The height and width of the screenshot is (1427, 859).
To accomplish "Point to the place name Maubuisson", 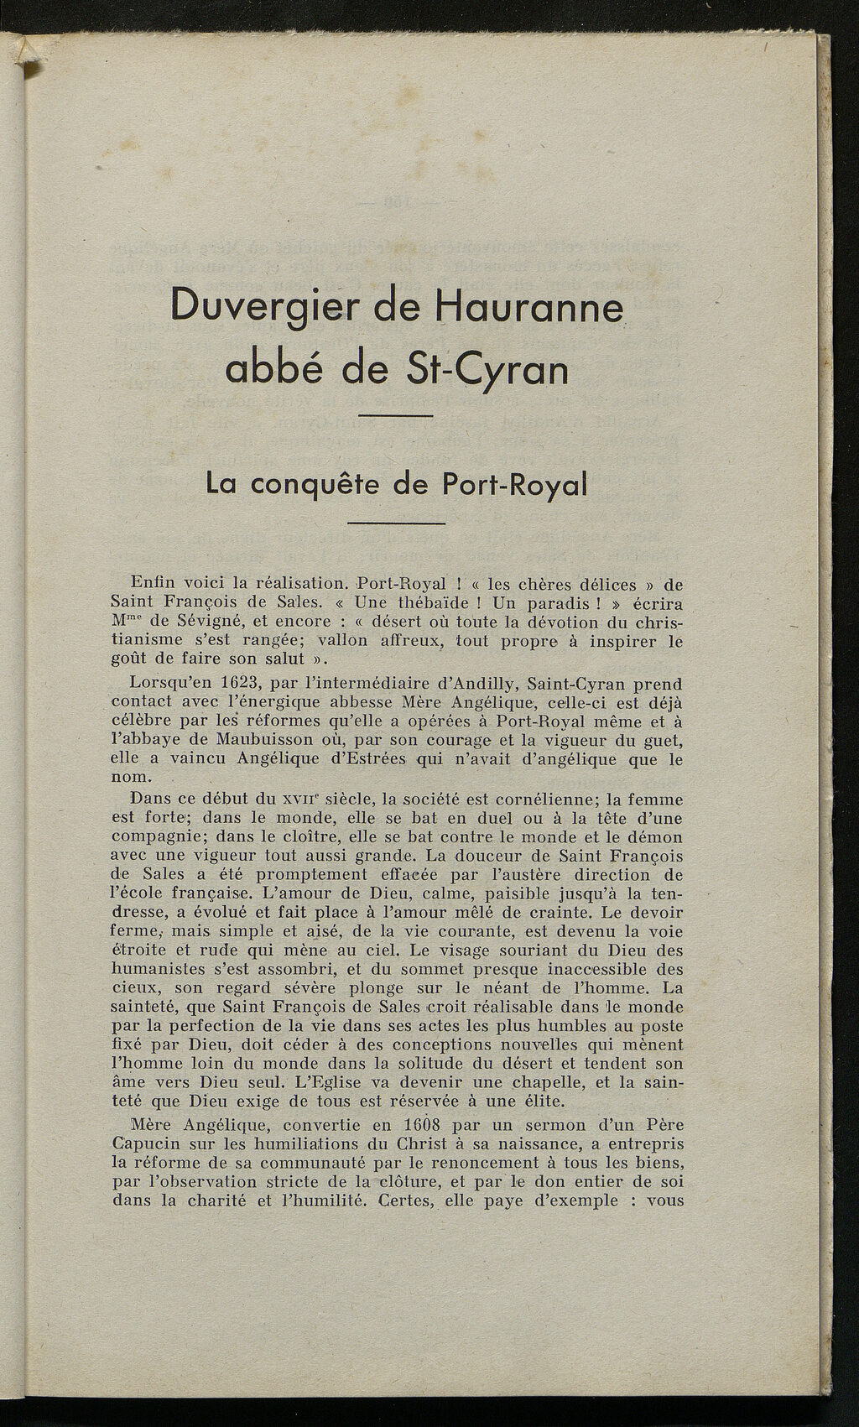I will (x=265, y=741).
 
